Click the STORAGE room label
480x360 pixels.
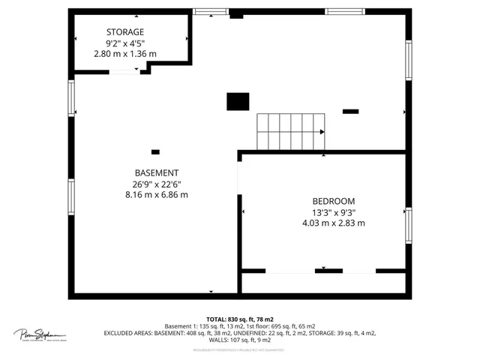pyautogui.click(x=125, y=31)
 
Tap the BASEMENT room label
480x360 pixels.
pyautogui.click(x=157, y=172)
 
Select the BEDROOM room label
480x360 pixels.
pyautogui.click(x=334, y=201)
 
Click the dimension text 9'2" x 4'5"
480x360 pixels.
pyautogui.click(x=125, y=43)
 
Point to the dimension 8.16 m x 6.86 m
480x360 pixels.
pyautogui.click(x=157, y=194)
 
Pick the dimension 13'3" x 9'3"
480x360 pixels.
pyautogui.click(x=334, y=212)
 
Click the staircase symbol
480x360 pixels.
pyautogui.click(x=291, y=131)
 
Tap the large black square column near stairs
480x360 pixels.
pyautogui.click(x=238, y=101)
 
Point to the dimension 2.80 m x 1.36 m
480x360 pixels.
pyautogui.click(x=125, y=54)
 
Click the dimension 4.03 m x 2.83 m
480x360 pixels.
pyautogui.click(x=334, y=223)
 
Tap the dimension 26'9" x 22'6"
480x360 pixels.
pyautogui.click(x=157, y=183)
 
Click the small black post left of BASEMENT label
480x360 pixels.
pyautogui.click(x=155, y=151)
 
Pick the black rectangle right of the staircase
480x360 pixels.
pyautogui.click(x=350, y=112)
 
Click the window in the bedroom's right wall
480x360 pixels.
pyautogui.click(x=409, y=223)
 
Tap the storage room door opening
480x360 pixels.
pyautogui.click(x=124, y=72)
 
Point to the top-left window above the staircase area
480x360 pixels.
pyautogui.click(x=210, y=11)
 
